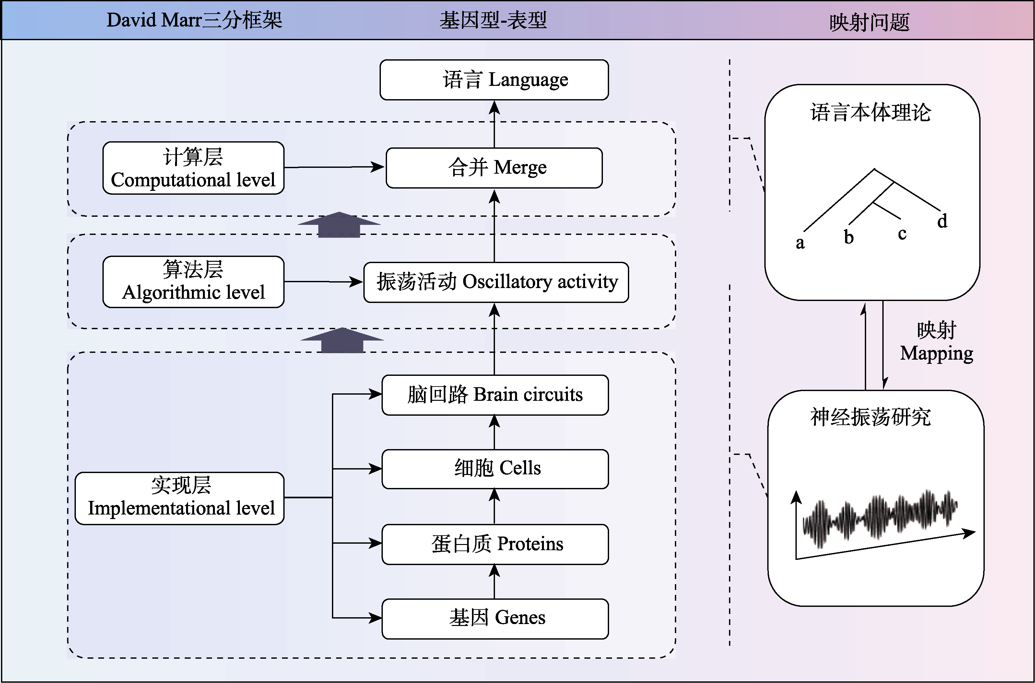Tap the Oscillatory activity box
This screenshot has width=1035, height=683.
click(x=496, y=282)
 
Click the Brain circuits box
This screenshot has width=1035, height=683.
click(x=495, y=395)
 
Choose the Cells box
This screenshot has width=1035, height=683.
click(x=495, y=469)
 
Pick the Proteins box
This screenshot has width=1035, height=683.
click(x=495, y=544)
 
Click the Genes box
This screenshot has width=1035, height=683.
click(x=495, y=619)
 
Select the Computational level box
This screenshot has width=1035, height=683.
click(x=193, y=168)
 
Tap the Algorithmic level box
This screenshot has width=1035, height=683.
click(x=193, y=282)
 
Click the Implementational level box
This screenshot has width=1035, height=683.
click(x=180, y=498)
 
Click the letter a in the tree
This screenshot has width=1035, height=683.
click(x=800, y=243)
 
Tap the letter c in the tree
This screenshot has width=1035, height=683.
click(x=902, y=234)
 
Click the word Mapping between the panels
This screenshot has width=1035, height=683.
click(x=936, y=353)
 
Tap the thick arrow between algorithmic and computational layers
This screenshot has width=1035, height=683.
click(x=339, y=224)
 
